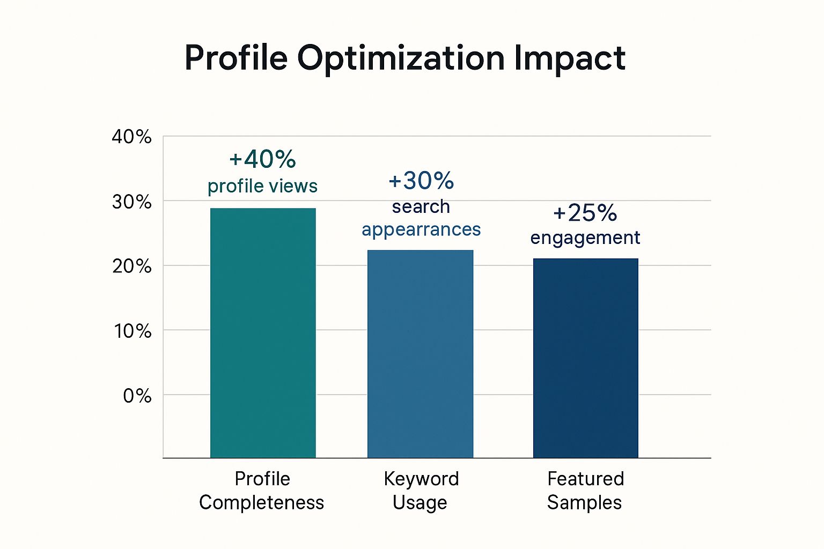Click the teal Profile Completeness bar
(x=263, y=332)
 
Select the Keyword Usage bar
(x=420, y=354)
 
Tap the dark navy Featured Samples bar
(x=585, y=358)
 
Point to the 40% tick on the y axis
(x=131, y=137)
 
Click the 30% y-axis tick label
(x=131, y=202)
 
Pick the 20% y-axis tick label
(x=131, y=266)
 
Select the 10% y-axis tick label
(x=132, y=331)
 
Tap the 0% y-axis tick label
(x=137, y=396)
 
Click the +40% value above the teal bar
(x=262, y=159)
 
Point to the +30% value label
(x=421, y=181)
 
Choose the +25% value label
(x=585, y=213)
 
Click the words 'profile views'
(x=262, y=186)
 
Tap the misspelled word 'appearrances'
(x=421, y=229)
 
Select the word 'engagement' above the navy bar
(x=585, y=238)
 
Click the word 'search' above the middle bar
(x=421, y=206)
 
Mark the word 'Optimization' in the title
(x=401, y=58)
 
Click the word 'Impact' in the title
(x=570, y=58)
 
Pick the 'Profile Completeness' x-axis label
(x=262, y=491)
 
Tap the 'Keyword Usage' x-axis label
(x=421, y=491)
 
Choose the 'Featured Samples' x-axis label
(x=585, y=491)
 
